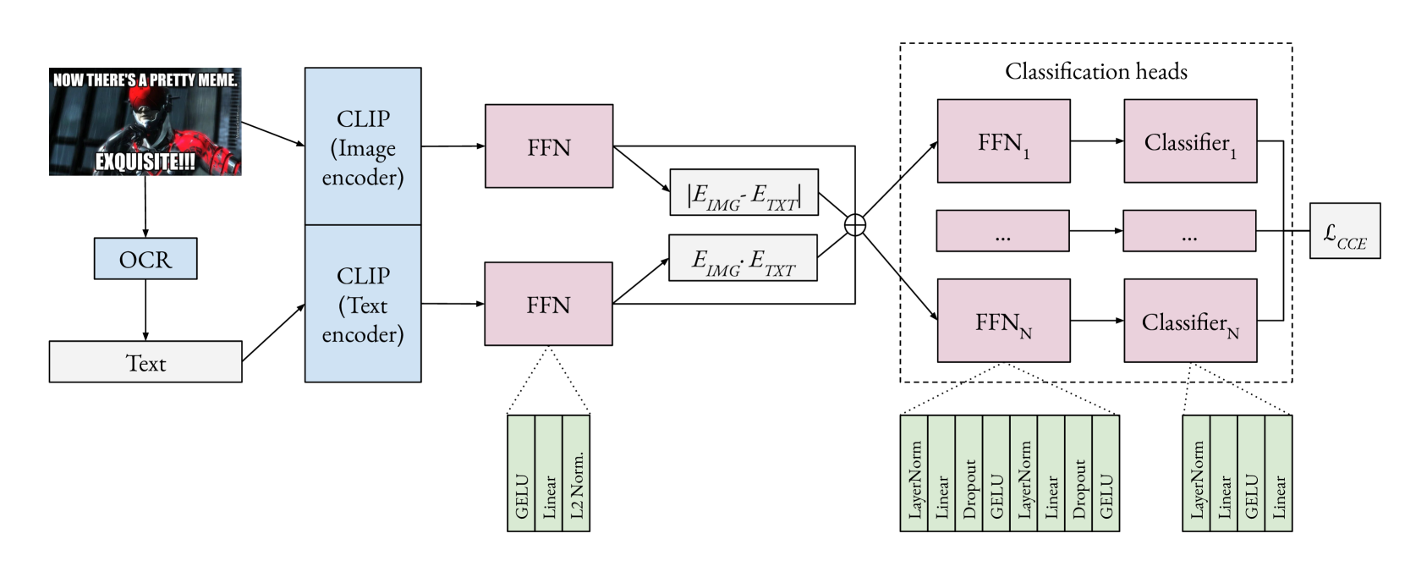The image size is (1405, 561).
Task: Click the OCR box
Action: click(x=145, y=258)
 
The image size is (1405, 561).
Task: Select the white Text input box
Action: click(x=145, y=361)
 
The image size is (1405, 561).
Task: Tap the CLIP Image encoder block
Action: click(x=362, y=146)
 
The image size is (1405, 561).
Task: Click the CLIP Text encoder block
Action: click(x=362, y=304)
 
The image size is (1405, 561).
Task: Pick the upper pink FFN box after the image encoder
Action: click(x=548, y=146)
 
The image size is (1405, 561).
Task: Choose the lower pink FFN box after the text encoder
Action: click(x=548, y=303)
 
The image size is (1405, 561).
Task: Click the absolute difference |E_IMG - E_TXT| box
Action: click(x=744, y=192)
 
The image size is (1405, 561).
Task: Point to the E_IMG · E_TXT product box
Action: click(x=743, y=258)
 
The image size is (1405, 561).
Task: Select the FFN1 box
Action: click(x=1003, y=140)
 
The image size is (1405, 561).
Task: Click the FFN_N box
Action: click(x=1003, y=321)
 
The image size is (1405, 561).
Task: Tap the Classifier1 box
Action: click(x=1189, y=140)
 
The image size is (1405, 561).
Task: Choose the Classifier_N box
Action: click(x=1189, y=321)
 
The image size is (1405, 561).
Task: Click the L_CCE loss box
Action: click(x=1344, y=231)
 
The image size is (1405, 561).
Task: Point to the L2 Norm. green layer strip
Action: click(x=576, y=474)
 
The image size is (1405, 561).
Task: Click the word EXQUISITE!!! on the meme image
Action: click(x=145, y=161)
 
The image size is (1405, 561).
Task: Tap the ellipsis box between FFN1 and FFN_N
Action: click(x=1002, y=231)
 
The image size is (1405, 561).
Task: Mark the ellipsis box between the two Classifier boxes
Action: click(x=1188, y=231)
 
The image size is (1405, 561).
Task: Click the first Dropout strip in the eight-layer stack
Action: click(x=969, y=474)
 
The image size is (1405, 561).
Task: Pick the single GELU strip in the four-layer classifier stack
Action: click(x=1251, y=474)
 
